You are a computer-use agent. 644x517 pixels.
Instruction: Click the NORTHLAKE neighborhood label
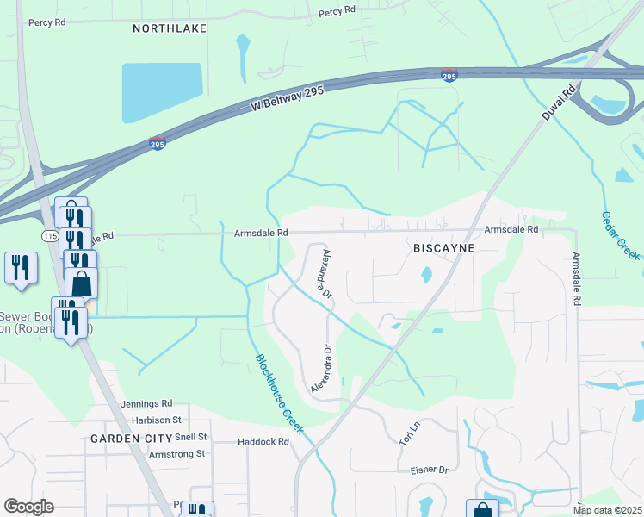[170, 28]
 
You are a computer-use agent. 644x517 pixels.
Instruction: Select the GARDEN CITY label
[127, 439]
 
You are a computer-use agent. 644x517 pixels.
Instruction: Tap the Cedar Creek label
[620, 235]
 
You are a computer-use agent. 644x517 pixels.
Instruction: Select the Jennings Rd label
[147, 403]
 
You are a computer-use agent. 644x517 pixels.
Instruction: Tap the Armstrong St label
[176, 453]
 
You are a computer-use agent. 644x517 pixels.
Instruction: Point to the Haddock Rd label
[263, 442]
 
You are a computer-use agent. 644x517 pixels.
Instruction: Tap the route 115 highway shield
[49, 234]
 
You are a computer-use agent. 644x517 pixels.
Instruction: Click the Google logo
[29, 506]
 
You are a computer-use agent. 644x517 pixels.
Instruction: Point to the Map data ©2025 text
[607, 510]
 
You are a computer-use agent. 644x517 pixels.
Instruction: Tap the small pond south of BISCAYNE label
[425, 276]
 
